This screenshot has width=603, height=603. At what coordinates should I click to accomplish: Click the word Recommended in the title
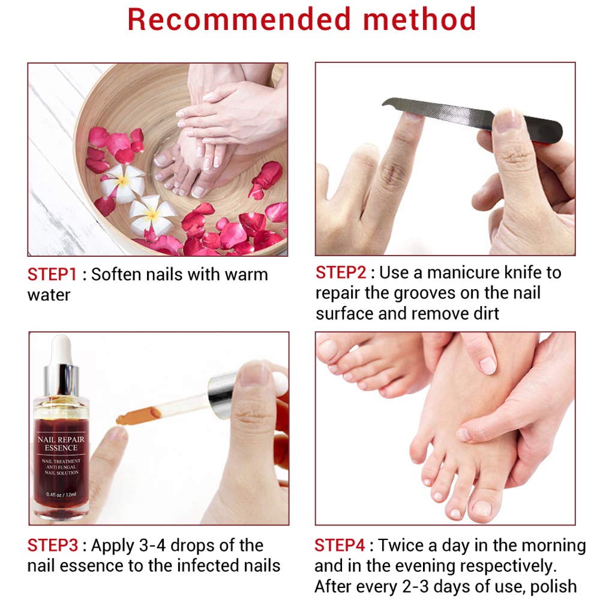pos(239,19)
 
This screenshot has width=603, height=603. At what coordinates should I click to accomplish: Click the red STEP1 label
pos(52,275)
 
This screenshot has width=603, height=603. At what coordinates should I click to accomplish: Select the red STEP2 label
pos(341,272)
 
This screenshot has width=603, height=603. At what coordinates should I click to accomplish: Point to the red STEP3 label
pos(52,545)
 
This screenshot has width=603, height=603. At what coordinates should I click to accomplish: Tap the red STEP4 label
pos(340,545)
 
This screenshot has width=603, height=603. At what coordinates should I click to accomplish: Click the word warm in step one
pos(246,275)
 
